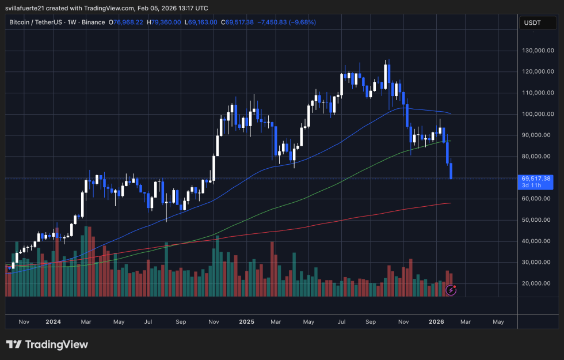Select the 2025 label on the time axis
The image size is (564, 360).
[246, 321]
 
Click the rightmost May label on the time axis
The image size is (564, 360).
[498, 321]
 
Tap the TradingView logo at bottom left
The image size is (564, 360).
[47, 344]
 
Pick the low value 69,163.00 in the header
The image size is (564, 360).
[203, 22]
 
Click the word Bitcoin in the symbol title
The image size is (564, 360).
[21, 22]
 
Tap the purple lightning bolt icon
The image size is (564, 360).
[451, 290]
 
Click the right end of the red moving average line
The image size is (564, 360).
[450, 203]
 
